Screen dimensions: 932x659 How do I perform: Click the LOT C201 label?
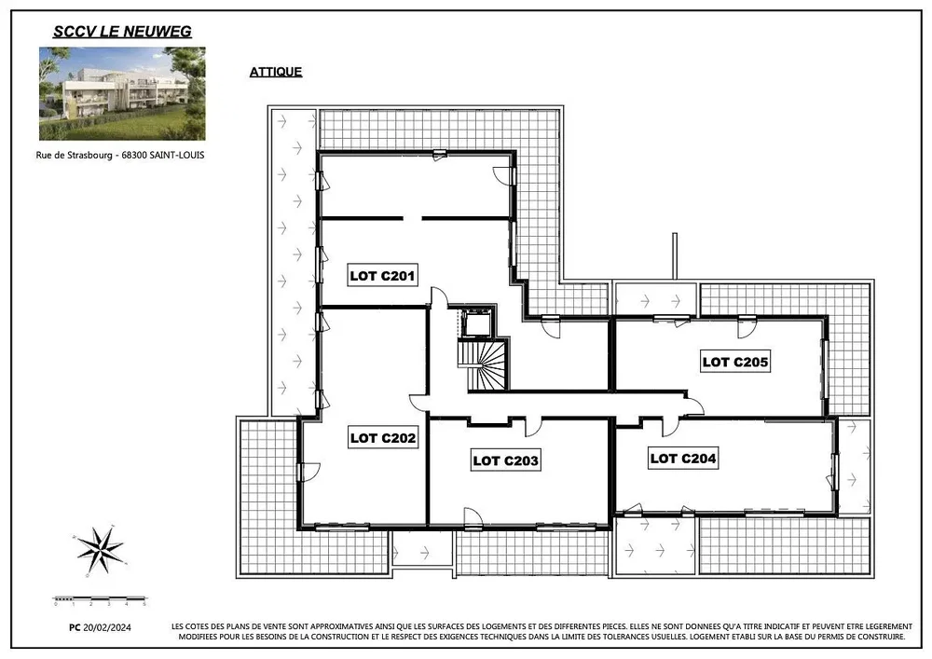click(x=382, y=276)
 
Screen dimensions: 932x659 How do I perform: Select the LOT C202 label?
click(x=383, y=438)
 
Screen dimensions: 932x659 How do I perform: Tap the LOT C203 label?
click(x=506, y=460)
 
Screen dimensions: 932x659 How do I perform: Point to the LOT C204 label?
click(x=683, y=459)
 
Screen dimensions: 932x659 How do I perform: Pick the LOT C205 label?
click(x=735, y=362)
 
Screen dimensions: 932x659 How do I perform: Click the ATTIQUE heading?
click(x=276, y=72)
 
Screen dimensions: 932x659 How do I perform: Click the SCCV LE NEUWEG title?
click(x=122, y=32)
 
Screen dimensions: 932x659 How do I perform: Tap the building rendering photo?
click(x=122, y=94)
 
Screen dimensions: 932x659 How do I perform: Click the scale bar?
click(x=100, y=600)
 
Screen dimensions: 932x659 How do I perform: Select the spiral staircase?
click(x=483, y=364)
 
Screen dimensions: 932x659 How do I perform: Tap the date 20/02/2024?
click(x=107, y=627)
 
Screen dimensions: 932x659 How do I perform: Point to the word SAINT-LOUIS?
click(x=176, y=155)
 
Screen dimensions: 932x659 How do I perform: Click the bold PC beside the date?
click(x=75, y=627)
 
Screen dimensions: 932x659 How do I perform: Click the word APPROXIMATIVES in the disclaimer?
click(x=341, y=626)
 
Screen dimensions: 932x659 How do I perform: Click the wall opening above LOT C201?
click(x=413, y=219)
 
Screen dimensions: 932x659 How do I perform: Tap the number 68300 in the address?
click(x=133, y=155)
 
